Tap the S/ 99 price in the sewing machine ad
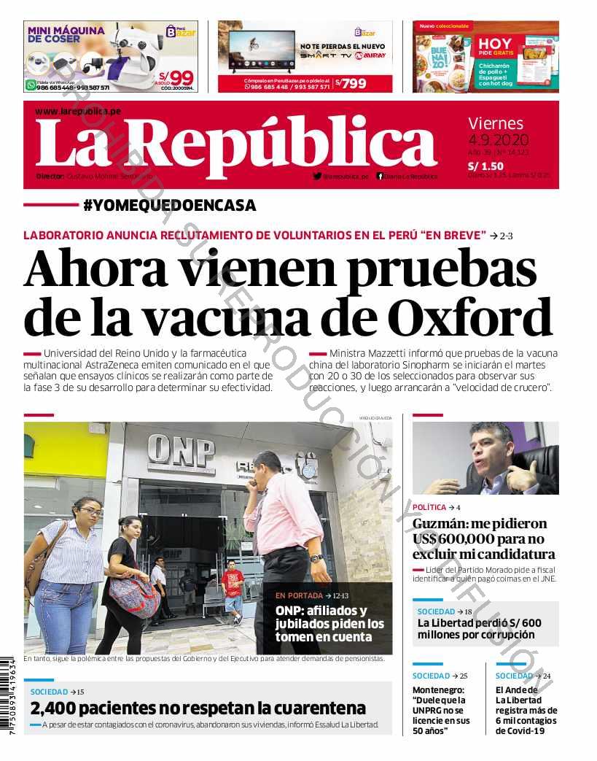click(x=178, y=77)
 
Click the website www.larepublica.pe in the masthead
click(x=78, y=111)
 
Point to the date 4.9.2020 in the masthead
click(x=499, y=140)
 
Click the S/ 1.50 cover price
click(x=485, y=166)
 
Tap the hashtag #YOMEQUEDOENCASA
click(x=170, y=206)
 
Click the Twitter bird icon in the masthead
click(x=317, y=176)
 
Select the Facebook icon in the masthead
click(x=380, y=176)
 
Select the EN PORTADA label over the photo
click(x=299, y=595)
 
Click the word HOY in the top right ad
click(x=495, y=44)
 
